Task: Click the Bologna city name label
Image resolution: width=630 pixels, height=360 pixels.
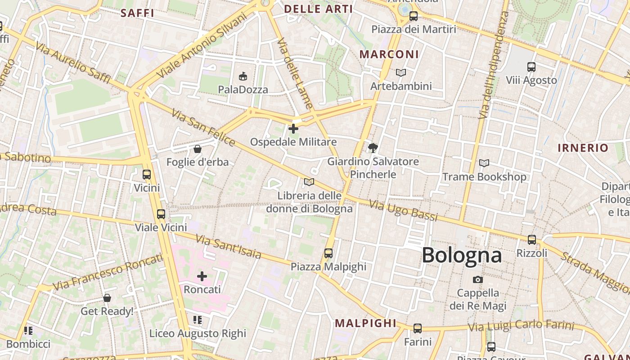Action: (x=462, y=255)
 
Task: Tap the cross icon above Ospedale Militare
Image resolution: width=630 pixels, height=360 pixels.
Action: (x=293, y=129)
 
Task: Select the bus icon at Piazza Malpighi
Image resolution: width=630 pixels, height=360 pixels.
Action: (x=328, y=253)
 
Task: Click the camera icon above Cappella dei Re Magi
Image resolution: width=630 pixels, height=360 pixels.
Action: (x=478, y=279)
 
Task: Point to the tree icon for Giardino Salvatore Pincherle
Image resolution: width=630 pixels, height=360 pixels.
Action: (x=373, y=148)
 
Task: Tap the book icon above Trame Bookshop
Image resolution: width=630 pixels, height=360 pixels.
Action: (x=484, y=163)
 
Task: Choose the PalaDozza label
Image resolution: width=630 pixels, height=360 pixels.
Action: (x=243, y=90)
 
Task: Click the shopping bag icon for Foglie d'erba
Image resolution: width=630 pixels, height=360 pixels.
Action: (x=197, y=149)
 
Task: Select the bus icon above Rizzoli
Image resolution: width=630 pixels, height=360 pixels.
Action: (x=532, y=239)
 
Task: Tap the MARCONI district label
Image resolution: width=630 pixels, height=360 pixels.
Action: (x=389, y=54)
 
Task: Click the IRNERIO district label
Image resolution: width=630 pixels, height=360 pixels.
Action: (x=583, y=148)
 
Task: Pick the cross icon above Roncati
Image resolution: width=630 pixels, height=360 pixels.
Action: (x=202, y=276)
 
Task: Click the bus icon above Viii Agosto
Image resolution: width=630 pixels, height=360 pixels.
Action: (x=531, y=67)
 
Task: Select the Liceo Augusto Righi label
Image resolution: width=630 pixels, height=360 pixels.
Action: (x=198, y=333)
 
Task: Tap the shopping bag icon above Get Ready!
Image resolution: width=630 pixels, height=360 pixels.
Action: (x=107, y=298)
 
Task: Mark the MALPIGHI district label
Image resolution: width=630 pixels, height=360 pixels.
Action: (x=366, y=323)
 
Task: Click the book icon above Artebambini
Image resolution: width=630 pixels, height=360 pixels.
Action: (x=401, y=72)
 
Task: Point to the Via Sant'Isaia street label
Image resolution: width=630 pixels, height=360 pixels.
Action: (x=229, y=247)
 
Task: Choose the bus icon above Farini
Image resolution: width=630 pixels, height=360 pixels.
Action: (x=418, y=328)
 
